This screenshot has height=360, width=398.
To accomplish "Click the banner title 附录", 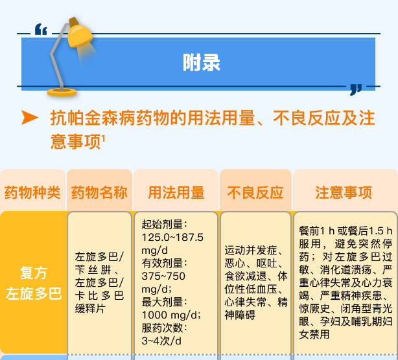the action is [x=202, y=62].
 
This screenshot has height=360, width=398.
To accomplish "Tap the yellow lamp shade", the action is [x=79, y=36].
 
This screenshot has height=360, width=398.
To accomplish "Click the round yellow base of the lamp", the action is [x=62, y=92].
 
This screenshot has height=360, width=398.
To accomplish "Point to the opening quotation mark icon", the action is [x=41, y=29].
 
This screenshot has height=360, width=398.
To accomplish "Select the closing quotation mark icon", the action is [x=356, y=90].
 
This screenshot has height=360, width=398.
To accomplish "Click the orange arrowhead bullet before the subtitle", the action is [x=30, y=117].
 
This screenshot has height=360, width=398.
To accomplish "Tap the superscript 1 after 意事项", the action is [x=103, y=139].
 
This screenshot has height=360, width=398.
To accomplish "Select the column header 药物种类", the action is [x=32, y=192].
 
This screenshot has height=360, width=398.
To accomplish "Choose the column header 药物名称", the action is [x=99, y=192].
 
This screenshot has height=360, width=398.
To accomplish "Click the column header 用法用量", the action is [x=176, y=192].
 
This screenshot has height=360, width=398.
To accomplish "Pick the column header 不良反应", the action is [x=255, y=192].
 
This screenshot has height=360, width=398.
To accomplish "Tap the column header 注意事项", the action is [x=344, y=192].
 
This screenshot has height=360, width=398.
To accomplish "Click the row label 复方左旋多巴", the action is [x=34, y=283].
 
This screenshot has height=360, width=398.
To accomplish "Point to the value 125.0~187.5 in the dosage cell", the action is [x=172, y=237].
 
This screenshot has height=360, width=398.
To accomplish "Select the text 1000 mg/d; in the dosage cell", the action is [x=171, y=315].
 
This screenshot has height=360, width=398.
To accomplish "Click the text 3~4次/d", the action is [x=161, y=341].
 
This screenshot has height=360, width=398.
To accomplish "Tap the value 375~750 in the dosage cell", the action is [x=163, y=276].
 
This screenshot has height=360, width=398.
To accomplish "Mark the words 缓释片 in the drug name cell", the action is [x=90, y=309].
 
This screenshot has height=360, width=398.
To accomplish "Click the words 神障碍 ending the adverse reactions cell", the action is [x=240, y=315].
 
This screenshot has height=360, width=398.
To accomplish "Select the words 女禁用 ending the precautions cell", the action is [x=314, y=334].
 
